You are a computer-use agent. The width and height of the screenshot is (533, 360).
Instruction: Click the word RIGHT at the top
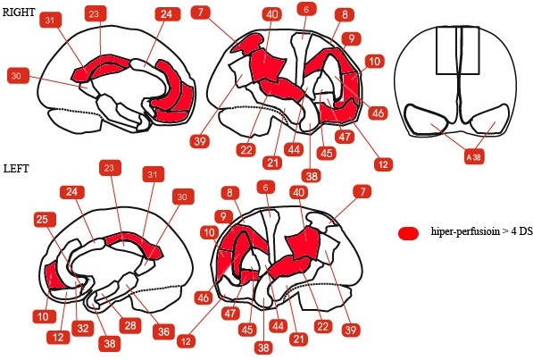(19, 13)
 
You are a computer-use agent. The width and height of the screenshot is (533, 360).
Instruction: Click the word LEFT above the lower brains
(16, 169)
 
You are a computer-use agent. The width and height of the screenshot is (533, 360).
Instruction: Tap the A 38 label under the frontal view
(474, 157)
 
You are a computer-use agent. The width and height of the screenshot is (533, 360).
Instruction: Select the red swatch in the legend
(408, 233)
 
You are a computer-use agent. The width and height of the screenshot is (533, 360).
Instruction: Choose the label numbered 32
(83, 329)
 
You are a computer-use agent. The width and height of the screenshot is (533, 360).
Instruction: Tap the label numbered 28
(130, 326)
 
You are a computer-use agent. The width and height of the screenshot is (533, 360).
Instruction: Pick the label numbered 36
(164, 331)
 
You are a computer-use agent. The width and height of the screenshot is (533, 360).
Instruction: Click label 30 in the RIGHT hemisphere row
(16, 76)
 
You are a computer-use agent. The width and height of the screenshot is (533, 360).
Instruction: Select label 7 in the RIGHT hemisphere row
(201, 13)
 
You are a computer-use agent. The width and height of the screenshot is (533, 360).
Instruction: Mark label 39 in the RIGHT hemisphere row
(200, 141)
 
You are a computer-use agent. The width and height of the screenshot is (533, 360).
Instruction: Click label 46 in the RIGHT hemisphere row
(378, 113)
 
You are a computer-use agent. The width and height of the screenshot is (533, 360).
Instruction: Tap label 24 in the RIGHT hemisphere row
(167, 14)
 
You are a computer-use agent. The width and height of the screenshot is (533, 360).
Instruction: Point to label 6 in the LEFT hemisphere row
(266, 187)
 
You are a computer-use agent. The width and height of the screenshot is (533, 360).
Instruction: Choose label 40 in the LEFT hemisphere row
(298, 193)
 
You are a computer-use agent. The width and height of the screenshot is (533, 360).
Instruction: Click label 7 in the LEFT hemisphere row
(362, 192)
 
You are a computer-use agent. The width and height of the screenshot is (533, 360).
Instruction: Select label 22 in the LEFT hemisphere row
(323, 327)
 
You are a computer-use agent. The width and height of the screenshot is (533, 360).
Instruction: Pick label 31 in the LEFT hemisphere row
(153, 174)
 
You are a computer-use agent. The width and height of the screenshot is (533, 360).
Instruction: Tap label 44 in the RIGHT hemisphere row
(294, 149)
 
